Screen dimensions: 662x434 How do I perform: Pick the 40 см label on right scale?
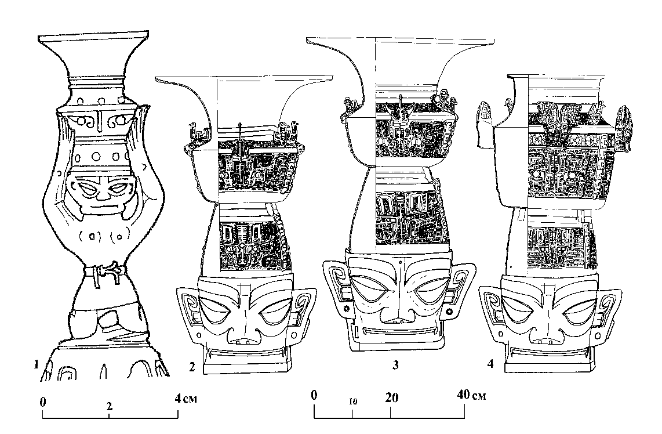click(x=471, y=396)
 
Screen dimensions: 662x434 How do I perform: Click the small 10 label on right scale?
click(x=352, y=401)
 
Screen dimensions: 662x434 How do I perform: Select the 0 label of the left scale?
click(x=43, y=400)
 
